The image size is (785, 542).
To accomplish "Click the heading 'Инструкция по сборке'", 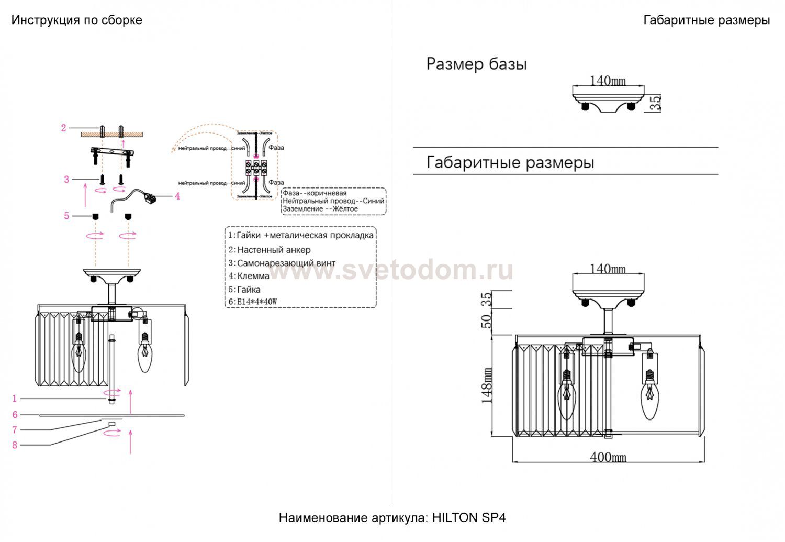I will pyautogui.click(x=77, y=20).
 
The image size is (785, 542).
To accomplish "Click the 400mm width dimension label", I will pyautogui.click(x=608, y=457).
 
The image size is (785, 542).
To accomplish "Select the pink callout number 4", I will pyautogui.click(x=177, y=196).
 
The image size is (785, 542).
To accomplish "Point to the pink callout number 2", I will pyautogui.click(x=63, y=128).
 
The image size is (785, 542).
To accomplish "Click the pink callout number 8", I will pyautogui.click(x=15, y=445).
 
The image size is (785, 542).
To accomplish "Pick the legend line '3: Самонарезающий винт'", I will pyautogui.click(x=282, y=263).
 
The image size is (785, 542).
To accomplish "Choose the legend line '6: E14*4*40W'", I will pyautogui.click(x=252, y=302).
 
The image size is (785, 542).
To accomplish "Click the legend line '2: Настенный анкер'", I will pyautogui.click(x=270, y=250).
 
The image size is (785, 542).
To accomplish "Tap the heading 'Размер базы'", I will pyautogui.click(x=476, y=64).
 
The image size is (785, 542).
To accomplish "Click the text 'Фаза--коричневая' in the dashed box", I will pyautogui.click(x=315, y=193).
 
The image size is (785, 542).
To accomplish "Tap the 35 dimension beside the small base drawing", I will pyautogui.click(x=655, y=103).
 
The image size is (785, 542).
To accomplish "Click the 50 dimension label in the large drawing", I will pyautogui.click(x=487, y=320).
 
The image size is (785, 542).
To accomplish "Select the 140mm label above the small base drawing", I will pyautogui.click(x=608, y=81).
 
